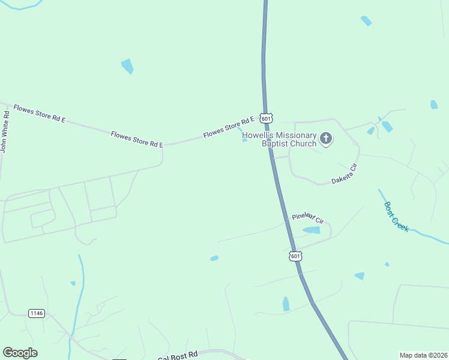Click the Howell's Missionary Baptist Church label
click(x=279, y=140)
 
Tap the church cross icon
click(x=326, y=139)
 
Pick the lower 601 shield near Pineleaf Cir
click(x=295, y=256)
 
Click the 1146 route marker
click(x=37, y=313)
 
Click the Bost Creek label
click(x=397, y=216)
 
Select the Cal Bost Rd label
click(x=178, y=356)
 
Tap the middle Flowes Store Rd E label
click(x=137, y=139)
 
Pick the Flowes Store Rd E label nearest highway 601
click(x=229, y=127)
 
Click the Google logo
click(x=20, y=353)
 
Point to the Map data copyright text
click(x=423, y=355)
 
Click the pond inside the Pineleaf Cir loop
click(x=312, y=230)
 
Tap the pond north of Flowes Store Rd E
click(x=127, y=66)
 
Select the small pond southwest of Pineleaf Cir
click(x=214, y=259)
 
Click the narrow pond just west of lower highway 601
click(x=286, y=304)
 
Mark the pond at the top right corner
click(x=366, y=20)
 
